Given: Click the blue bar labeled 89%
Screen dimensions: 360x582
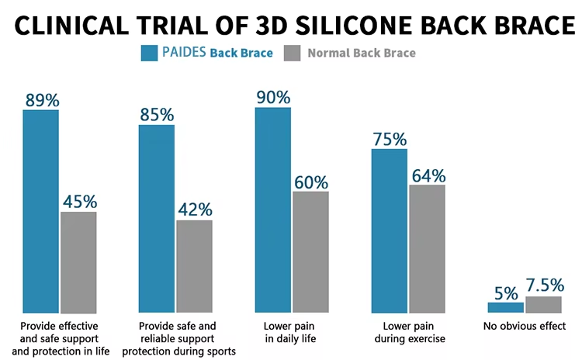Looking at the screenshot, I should coord(40,210).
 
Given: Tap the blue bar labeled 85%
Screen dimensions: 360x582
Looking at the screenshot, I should coord(157,218).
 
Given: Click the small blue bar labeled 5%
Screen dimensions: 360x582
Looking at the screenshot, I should coord(505,307).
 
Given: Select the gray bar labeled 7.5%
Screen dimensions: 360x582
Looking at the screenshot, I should coord(543,304).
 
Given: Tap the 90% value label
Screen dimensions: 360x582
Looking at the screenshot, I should coord(272,98).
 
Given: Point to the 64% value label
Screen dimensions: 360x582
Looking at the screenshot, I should coord(428,175).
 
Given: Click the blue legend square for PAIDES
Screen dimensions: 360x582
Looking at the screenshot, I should coord(149,53).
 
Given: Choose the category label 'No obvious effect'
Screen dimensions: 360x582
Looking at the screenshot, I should coord(525,326).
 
